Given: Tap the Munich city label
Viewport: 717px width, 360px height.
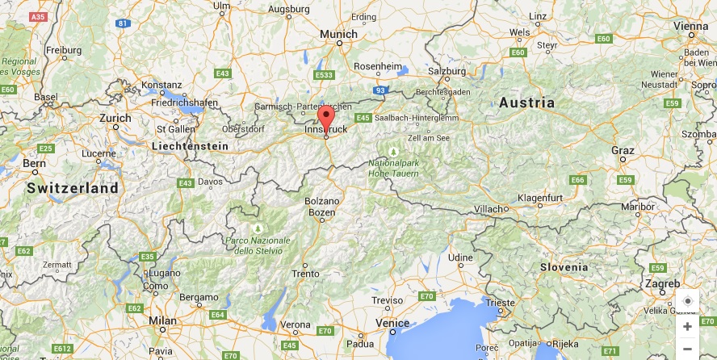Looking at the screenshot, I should pyautogui.click(x=338, y=34).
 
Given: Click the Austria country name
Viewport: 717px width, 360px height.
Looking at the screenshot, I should pyautogui.click(x=526, y=103).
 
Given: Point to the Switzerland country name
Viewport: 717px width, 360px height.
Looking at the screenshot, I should pyautogui.click(x=72, y=187).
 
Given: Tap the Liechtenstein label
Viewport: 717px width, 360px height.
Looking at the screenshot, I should pyautogui.click(x=189, y=146).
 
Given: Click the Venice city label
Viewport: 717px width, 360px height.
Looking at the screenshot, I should pyautogui.click(x=392, y=323).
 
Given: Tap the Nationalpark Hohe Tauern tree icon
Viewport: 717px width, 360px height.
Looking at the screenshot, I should pyautogui.click(x=393, y=150).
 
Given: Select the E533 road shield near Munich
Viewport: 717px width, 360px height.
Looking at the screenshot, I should pyautogui.click(x=325, y=76).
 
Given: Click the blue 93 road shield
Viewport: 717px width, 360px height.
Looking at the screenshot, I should pyautogui.click(x=380, y=91).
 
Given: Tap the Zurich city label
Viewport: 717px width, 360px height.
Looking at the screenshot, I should pyautogui.click(x=115, y=118).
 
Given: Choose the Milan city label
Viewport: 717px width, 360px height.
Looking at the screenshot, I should pyautogui.click(x=162, y=320).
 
